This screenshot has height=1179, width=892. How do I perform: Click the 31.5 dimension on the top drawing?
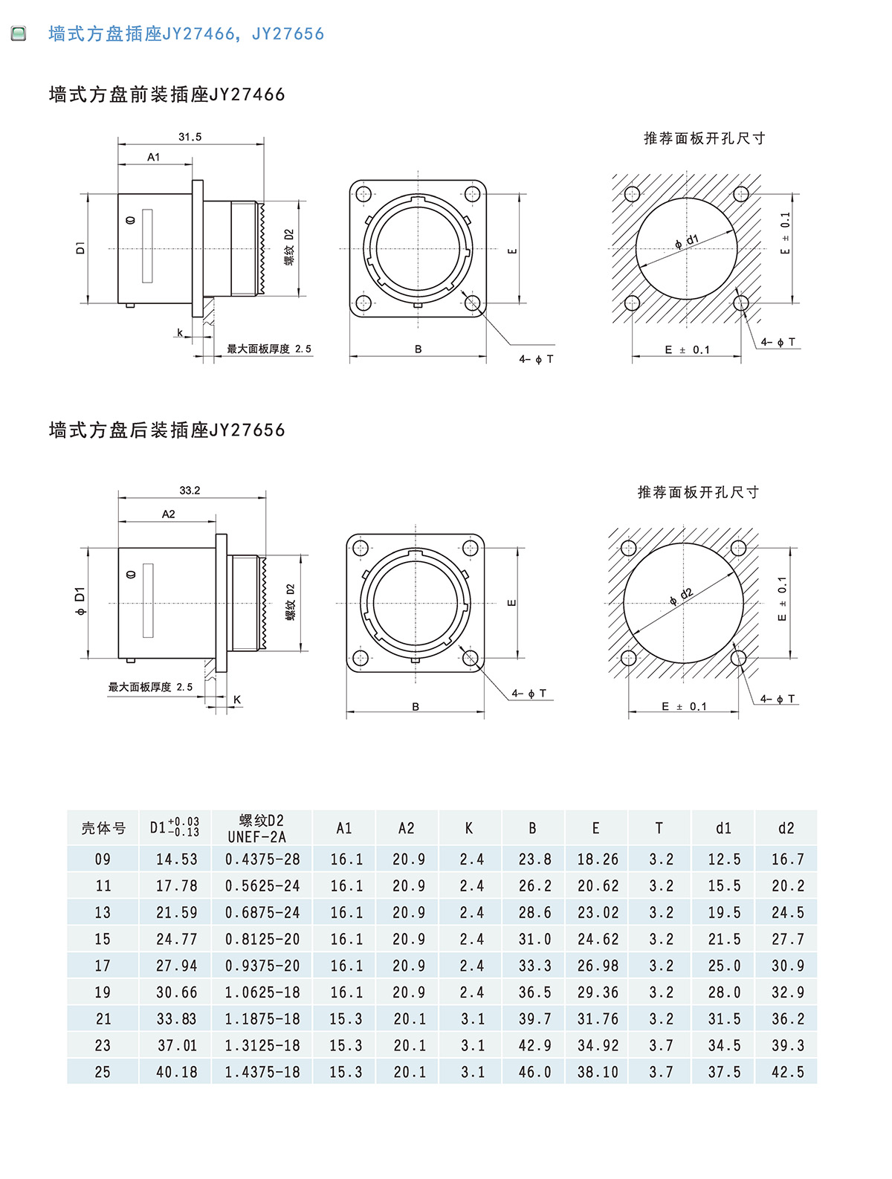[x=190, y=138]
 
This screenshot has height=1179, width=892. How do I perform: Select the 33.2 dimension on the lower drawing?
[x=190, y=491]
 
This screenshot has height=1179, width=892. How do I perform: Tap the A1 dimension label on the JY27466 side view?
[x=154, y=158]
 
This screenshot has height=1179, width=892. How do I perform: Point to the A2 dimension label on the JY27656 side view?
[x=169, y=514]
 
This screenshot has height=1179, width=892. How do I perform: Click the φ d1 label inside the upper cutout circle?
[x=687, y=242]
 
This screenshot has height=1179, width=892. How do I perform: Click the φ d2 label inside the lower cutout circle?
[x=681, y=596]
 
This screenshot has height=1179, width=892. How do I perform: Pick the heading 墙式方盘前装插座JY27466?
[x=167, y=95]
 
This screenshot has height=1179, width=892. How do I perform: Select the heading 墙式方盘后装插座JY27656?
[x=167, y=430]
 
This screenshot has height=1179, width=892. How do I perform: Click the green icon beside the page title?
[x=19, y=33]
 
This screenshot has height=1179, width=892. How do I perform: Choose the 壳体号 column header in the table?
[x=103, y=828]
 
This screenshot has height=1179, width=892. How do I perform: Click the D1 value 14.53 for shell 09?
[x=177, y=859]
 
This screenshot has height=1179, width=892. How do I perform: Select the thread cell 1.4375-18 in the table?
[x=262, y=1072]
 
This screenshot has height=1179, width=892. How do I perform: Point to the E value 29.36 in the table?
[x=598, y=992]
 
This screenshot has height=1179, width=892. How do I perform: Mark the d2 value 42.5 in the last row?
[x=787, y=1072]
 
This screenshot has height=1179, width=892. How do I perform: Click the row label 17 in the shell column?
[x=103, y=966]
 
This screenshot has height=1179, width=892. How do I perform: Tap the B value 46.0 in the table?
[x=534, y=1072]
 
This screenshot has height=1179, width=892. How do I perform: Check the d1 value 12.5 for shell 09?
[x=724, y=859]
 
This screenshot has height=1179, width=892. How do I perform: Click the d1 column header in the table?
[x=723, y=828]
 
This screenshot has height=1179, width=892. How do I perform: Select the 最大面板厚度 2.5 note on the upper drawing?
[x=269, y=349]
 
